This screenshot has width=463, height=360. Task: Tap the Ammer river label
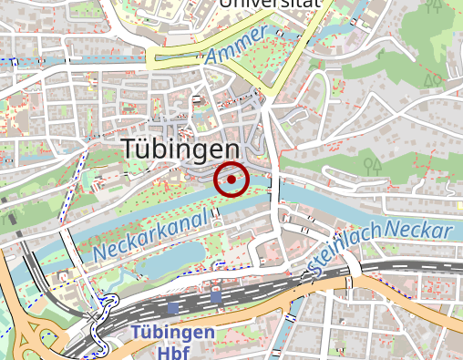pyautogui.click(x=235, y=46)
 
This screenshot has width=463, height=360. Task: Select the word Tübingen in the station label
pyautogui.click(x=172, y=333)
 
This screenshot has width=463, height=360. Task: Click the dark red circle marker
pyautogui.click(x=231, y=180)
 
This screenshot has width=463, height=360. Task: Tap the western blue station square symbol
pyautogui.click(x=173, y=308)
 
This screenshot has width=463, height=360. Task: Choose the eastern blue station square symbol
pyautogui.click(x=216, y=296)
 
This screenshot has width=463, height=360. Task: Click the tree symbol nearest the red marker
pyautogui.click(x=371, y=166)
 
